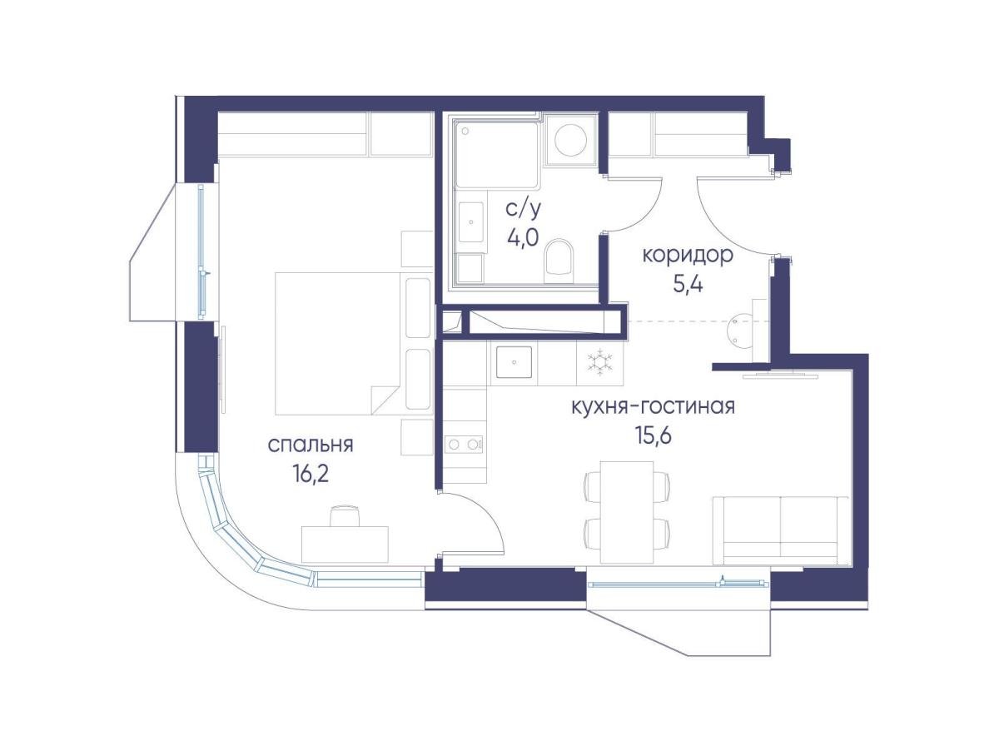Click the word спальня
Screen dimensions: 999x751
310,445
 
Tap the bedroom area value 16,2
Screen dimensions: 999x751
311,475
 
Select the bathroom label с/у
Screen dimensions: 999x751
524,210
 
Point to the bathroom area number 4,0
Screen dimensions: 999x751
523,237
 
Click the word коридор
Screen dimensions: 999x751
688,256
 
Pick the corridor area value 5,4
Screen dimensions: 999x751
688,285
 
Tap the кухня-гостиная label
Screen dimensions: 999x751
654,406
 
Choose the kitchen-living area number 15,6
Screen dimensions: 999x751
654,435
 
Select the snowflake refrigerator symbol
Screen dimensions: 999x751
600,363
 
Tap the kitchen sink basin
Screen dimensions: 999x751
514,362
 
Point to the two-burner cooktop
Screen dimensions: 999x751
463,444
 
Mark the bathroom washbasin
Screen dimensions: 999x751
470,222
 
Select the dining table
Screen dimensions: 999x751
627,513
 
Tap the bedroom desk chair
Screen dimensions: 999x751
345,516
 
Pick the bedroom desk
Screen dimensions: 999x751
345,545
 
